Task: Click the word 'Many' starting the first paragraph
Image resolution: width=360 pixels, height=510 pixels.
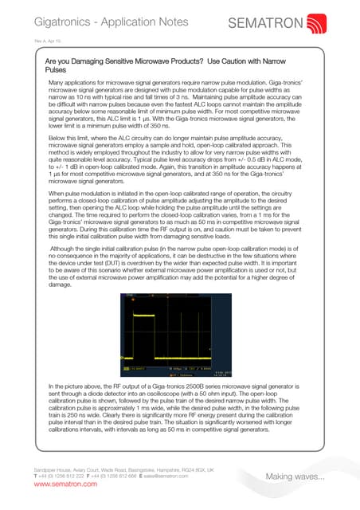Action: tap(57, 83)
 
